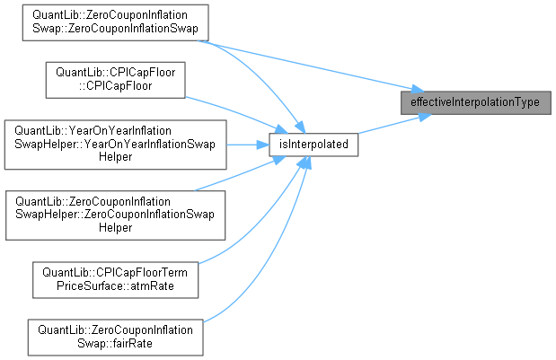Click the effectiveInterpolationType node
(474, 102)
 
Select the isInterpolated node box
(314, 144)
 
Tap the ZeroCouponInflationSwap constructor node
(114, 22)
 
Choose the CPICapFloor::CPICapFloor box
(114, 80)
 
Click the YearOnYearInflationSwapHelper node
(114, 144)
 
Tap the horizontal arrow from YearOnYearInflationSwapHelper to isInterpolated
(247, 144)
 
